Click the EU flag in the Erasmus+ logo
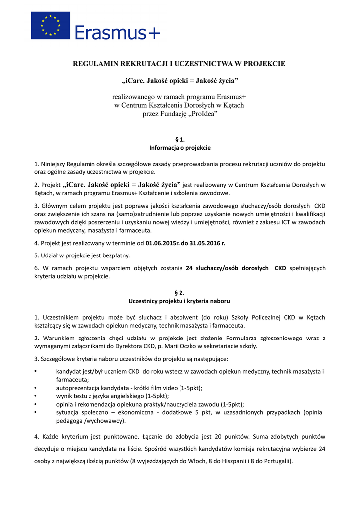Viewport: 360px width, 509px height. coord(50,26)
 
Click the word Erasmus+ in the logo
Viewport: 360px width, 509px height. coord(117,32)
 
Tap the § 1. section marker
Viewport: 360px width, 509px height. coord(180,140)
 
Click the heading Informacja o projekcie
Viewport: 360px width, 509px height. coord(180,148)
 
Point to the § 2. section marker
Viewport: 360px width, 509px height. coord(180,293)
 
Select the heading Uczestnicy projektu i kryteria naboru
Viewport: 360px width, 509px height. coord(180,301)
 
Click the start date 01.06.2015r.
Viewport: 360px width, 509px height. coord(163,243)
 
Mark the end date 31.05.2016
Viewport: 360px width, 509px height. coord(205,243)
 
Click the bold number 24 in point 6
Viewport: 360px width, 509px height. coord(189,268)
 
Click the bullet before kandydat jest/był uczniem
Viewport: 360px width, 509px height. coord(35,371)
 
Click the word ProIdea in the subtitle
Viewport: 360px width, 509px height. coord(203,114)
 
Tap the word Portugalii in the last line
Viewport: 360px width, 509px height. coord(275,461)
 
